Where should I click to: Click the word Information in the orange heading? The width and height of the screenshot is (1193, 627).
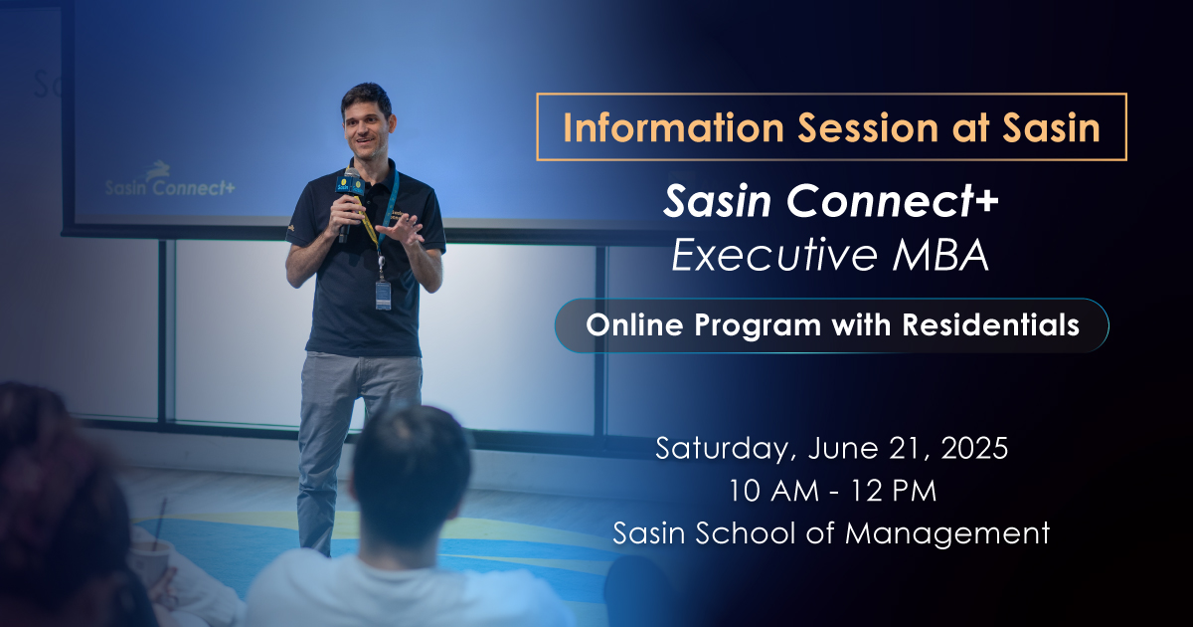tap(673, 128)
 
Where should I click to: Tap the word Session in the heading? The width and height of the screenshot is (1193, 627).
tap(868, 128)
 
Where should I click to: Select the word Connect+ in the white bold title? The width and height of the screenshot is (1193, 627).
tap(892, 201)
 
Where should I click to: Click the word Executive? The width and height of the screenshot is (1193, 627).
tap(774, 255)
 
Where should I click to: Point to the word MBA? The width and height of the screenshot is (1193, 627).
tap(941, 256)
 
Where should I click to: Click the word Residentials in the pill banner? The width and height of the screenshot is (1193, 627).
tap(990, 324)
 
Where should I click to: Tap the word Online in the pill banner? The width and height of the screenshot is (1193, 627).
tap(634, 324)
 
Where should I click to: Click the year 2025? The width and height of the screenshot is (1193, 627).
tap(974, 448)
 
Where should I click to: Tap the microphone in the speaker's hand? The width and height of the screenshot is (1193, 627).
tap(349, 203)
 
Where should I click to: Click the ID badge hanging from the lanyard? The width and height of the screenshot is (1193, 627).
tap(383, 296)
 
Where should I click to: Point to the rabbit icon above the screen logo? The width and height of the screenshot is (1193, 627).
tap(159, 169)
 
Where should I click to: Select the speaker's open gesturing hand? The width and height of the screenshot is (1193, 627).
tap(401, 229)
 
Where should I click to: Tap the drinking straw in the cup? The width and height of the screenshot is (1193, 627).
tap(160, 521)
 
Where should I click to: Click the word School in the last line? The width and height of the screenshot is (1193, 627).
tap(745, 532)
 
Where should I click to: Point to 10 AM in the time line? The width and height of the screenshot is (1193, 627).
tap(773, 491)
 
